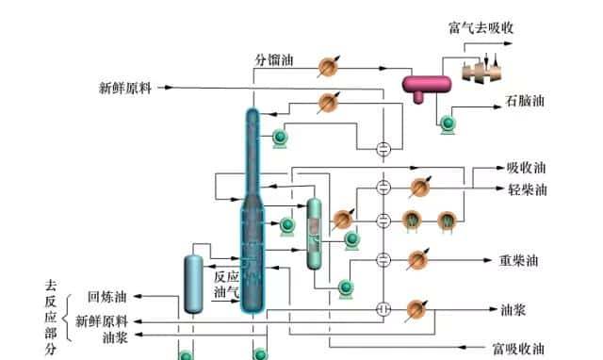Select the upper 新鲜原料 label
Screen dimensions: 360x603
(x=125, y=89)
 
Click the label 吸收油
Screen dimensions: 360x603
(x=526, y=169)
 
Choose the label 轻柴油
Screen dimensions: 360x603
(x=526, y=188)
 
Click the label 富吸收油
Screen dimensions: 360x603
(x=518, y=349)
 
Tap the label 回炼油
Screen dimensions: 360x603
(x=106, y=296)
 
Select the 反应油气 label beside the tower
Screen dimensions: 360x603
(x=226, y=285)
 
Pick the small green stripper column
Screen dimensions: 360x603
(x=315, y=230)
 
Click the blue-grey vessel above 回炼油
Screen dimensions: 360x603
(x=194, y=282)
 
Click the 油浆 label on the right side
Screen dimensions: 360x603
(x=513, y=309)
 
